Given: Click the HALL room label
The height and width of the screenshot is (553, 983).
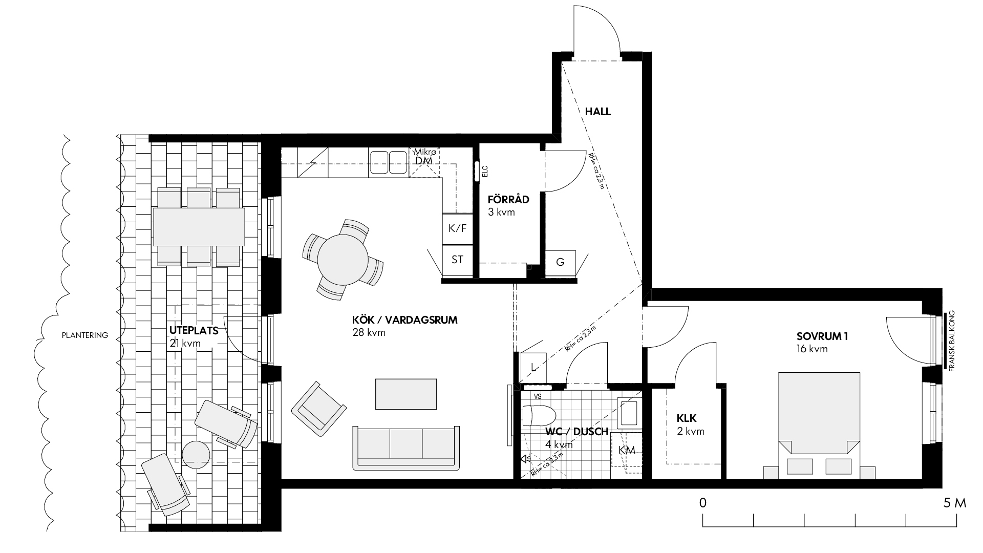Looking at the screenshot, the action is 598,111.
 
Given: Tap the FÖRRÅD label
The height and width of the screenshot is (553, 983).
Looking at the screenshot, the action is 508,200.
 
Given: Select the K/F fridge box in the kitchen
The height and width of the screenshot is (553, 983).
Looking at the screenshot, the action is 457,228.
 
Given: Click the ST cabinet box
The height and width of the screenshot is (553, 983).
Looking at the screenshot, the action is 457,260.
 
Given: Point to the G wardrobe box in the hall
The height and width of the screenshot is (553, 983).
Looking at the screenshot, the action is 560,263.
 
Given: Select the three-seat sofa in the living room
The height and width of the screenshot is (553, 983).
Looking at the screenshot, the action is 406,448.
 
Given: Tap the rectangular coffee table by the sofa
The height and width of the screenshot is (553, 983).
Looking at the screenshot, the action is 406,394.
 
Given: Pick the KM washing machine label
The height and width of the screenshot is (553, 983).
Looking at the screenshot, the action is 627,450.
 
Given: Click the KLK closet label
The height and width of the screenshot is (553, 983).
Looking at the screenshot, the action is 687,417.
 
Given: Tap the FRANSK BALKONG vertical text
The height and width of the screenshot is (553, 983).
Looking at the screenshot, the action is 952,341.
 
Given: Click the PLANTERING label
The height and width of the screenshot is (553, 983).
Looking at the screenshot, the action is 85,336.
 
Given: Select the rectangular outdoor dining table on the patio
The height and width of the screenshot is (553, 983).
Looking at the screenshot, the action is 199,226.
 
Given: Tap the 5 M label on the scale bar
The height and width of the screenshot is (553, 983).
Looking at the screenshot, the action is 955,503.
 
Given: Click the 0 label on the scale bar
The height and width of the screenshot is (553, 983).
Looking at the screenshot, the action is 703,503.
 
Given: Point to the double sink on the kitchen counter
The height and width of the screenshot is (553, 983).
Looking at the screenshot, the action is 388,161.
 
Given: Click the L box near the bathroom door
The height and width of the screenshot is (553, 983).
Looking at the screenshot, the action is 533,367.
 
